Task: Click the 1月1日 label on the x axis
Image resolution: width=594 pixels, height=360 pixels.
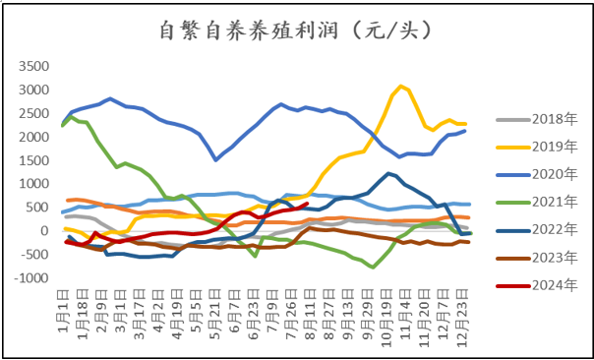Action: coord(60,309)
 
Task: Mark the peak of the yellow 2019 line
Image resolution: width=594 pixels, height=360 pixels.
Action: coord(400,87)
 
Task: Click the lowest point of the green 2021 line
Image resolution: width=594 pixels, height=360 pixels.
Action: coord(373,267)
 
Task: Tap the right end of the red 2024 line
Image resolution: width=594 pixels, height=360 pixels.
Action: coord(308,204)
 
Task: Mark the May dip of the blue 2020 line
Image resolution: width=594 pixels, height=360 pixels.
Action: coord(216,159)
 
